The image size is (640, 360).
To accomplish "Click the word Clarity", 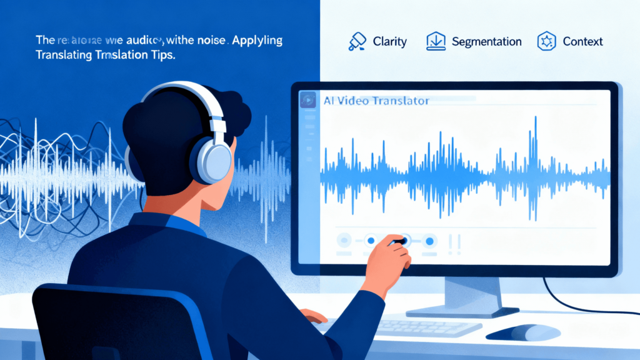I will pyautogui.click(x=389, y=42).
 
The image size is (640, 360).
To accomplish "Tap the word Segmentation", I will pyautogui.click(x=486, y=42).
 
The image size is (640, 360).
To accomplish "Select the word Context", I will pyautogui.click(x=582, y=42).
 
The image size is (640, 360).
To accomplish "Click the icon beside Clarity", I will pyautogui.click(x=357, y=41).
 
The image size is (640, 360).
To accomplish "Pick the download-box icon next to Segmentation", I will pyautogui.click(x=435, y=41).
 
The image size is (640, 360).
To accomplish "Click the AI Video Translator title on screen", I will pyautogui.click(x=377, y=101).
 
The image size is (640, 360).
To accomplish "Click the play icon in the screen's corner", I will pyautogui.click(x=307, y=100).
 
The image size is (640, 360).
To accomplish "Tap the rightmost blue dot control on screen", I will pyautogui.click(x=429, y=240).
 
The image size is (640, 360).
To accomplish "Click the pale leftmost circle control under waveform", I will pyautogui.click(x=344, y=239).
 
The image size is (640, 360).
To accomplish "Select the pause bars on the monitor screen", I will pyautogui.click(x=455, y=242).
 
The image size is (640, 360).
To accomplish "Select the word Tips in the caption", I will pyautogui.click(x=160, y=56).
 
